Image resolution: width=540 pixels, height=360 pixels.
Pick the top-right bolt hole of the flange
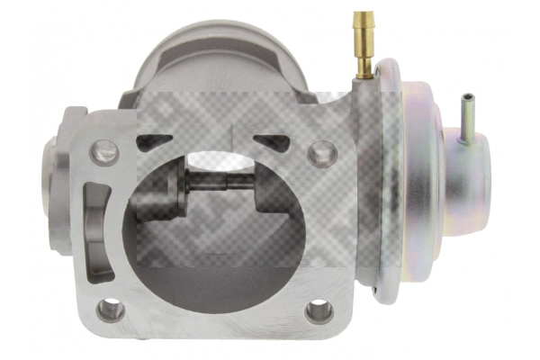[321, 153]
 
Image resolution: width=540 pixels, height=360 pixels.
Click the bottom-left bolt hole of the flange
[110, 309]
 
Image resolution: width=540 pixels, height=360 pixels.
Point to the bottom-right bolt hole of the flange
[319, 311]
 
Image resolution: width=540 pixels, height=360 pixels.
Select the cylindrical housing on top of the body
[225, 58]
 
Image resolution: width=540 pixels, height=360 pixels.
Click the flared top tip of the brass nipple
[364, 17]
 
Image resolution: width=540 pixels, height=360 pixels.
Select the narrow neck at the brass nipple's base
[366, 69]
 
